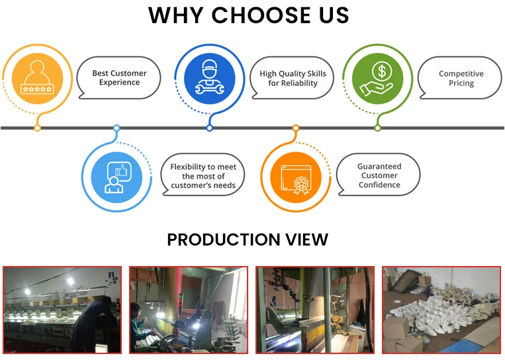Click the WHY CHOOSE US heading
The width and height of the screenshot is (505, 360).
click(248, 15)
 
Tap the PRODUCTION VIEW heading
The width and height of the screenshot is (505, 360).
click(248, 240)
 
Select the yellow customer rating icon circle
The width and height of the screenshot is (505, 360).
click(37, 79)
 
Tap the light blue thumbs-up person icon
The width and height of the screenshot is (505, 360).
click(116, 176)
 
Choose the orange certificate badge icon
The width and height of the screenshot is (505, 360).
click(295, 176)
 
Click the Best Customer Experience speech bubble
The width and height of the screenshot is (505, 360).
click(119, 78)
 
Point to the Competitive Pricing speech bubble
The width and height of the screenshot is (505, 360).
click(461, 78)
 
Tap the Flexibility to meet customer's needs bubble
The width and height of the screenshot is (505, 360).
click(203, 176)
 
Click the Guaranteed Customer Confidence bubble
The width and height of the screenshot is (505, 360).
click(379, 176)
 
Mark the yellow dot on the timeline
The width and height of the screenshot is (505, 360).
click(37, 128)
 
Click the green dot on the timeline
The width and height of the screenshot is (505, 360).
click(378, 128)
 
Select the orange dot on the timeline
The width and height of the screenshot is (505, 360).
click(296, 128)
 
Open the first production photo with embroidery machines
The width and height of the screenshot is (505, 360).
click(62, 310)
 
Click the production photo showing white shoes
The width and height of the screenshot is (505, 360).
click(441, 310)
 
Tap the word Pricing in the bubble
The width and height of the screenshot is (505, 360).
click(461, 83)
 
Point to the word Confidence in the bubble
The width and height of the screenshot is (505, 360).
click(379, 185)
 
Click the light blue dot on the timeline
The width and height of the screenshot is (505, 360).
click(116, 128)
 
